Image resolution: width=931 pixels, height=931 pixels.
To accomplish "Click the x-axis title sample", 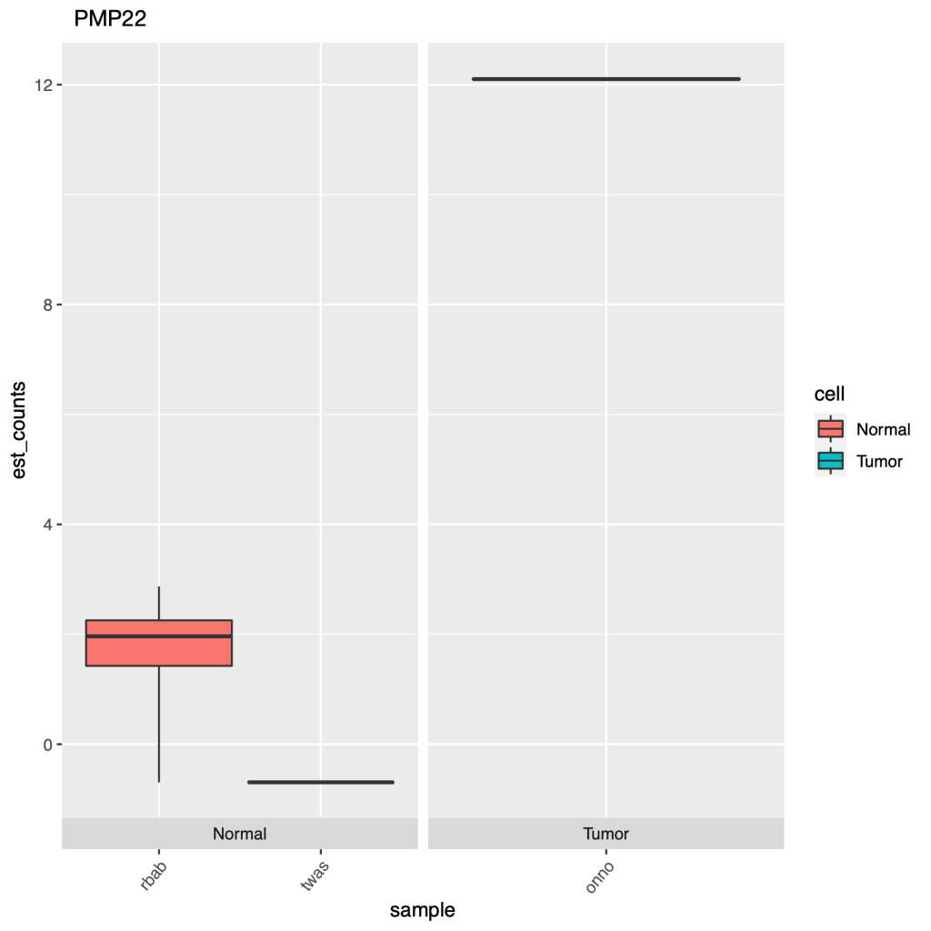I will (x=422, y=909).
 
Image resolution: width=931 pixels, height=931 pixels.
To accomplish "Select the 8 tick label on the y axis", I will (x=47, y=305).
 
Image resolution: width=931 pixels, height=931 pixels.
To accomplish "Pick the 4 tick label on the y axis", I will (x=47, y=525).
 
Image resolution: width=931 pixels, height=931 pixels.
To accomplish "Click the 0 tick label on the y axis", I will (x=47, y=745).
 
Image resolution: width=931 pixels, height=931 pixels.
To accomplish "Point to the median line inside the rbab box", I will (x=159, y=636).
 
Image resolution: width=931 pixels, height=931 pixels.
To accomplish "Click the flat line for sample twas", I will (x=320, y=782).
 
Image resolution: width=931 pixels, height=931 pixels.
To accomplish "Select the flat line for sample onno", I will (x=606, y=79).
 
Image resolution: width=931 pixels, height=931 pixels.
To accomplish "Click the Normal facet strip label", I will (x=239, y=834).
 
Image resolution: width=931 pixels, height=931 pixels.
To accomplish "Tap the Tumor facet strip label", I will (x=606, y=834).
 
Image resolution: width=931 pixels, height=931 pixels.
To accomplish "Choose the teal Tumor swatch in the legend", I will (x=831, y=461).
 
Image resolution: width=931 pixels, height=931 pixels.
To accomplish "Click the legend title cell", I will (x=829, y=395).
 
